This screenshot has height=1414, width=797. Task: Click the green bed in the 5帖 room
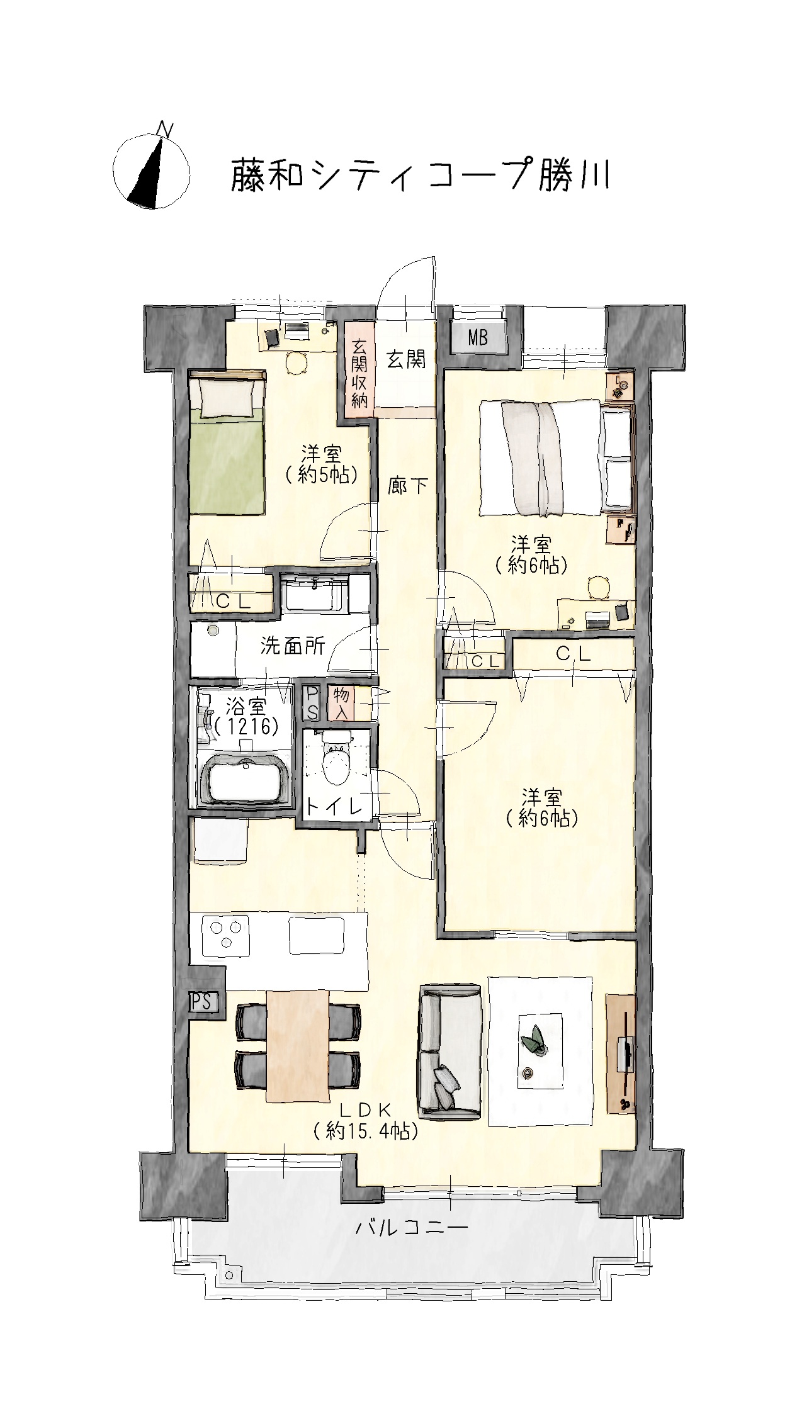(227, 444)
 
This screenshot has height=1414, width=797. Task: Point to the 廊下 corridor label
(408, 486)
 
